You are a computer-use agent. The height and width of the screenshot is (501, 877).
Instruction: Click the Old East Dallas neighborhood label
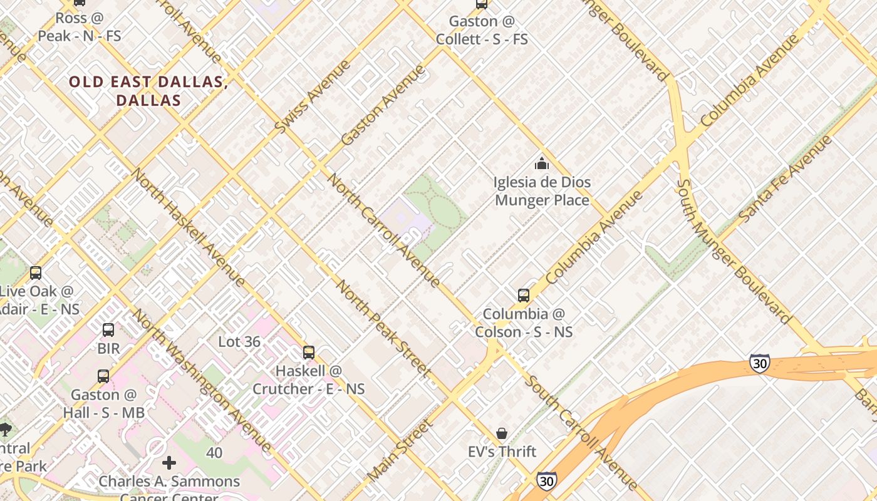coord(147,91)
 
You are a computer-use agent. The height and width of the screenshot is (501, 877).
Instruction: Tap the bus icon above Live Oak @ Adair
coord(36,273)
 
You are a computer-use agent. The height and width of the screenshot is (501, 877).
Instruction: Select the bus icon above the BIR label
coord(108,329)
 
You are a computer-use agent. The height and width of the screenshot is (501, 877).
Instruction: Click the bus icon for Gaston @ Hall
coord(103,376)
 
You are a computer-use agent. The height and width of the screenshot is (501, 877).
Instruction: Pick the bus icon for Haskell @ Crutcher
coord(308,353)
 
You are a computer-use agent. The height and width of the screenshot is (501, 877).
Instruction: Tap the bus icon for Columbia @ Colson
coord(524,296)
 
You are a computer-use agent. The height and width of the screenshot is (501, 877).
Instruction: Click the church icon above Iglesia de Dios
coord(541,164)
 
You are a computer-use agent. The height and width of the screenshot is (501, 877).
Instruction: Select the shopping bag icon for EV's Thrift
coord(502,433)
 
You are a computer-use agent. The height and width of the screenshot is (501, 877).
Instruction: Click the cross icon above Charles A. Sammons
coord(169,463)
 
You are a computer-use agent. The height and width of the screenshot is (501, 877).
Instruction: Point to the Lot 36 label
coord(239,342)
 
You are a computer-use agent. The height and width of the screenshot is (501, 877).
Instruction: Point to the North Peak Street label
coord(383,328)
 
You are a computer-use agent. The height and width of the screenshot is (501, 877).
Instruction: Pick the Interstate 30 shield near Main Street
coord(546,481)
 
